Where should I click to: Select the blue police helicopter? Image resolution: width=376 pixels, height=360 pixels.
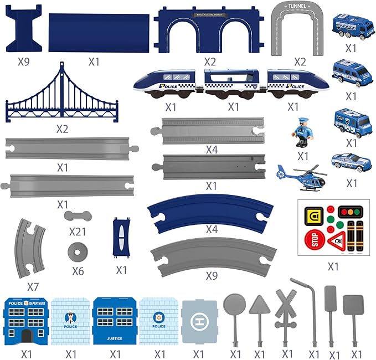click(x=302, y=176)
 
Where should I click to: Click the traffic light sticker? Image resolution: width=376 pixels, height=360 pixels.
click(x=346, y=212)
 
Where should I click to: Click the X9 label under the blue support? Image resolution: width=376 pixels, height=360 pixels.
click(x=23, y=61)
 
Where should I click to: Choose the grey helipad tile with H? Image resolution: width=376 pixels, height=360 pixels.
click(x=199, y=321)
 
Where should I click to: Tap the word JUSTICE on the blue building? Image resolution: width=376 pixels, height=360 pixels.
click(x=115, y=337)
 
